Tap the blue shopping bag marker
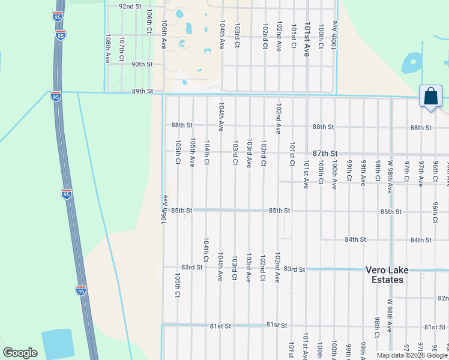[x=430, y=96]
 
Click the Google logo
[x=20, y=353]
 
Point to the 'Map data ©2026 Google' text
[x=412, y=355]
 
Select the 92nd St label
[x=130, y=6]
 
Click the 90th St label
[x=142, y=64]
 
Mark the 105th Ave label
[x=192, y=152]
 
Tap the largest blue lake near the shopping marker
[x=414, y=62]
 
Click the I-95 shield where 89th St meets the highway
[x=55, y=96]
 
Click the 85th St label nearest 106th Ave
[x=181, y=211]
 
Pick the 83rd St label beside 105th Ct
[x=192, y=267]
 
